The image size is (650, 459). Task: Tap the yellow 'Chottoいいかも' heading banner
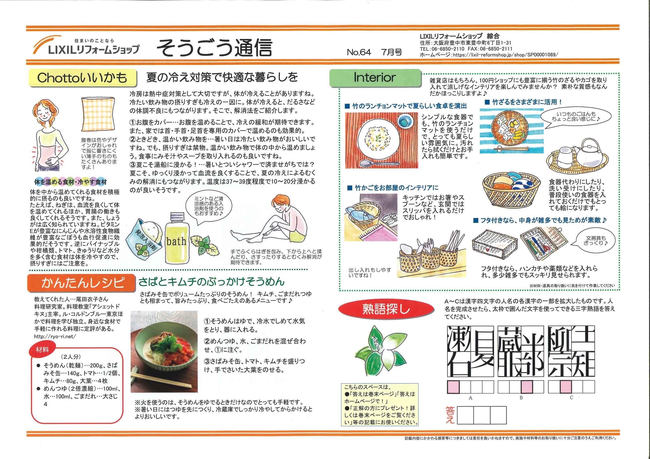[82, 78]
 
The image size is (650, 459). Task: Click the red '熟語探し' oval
[386, 309]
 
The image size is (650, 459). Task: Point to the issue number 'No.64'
[359, 52]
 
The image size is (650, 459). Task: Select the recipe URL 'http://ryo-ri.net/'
[55, 336]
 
